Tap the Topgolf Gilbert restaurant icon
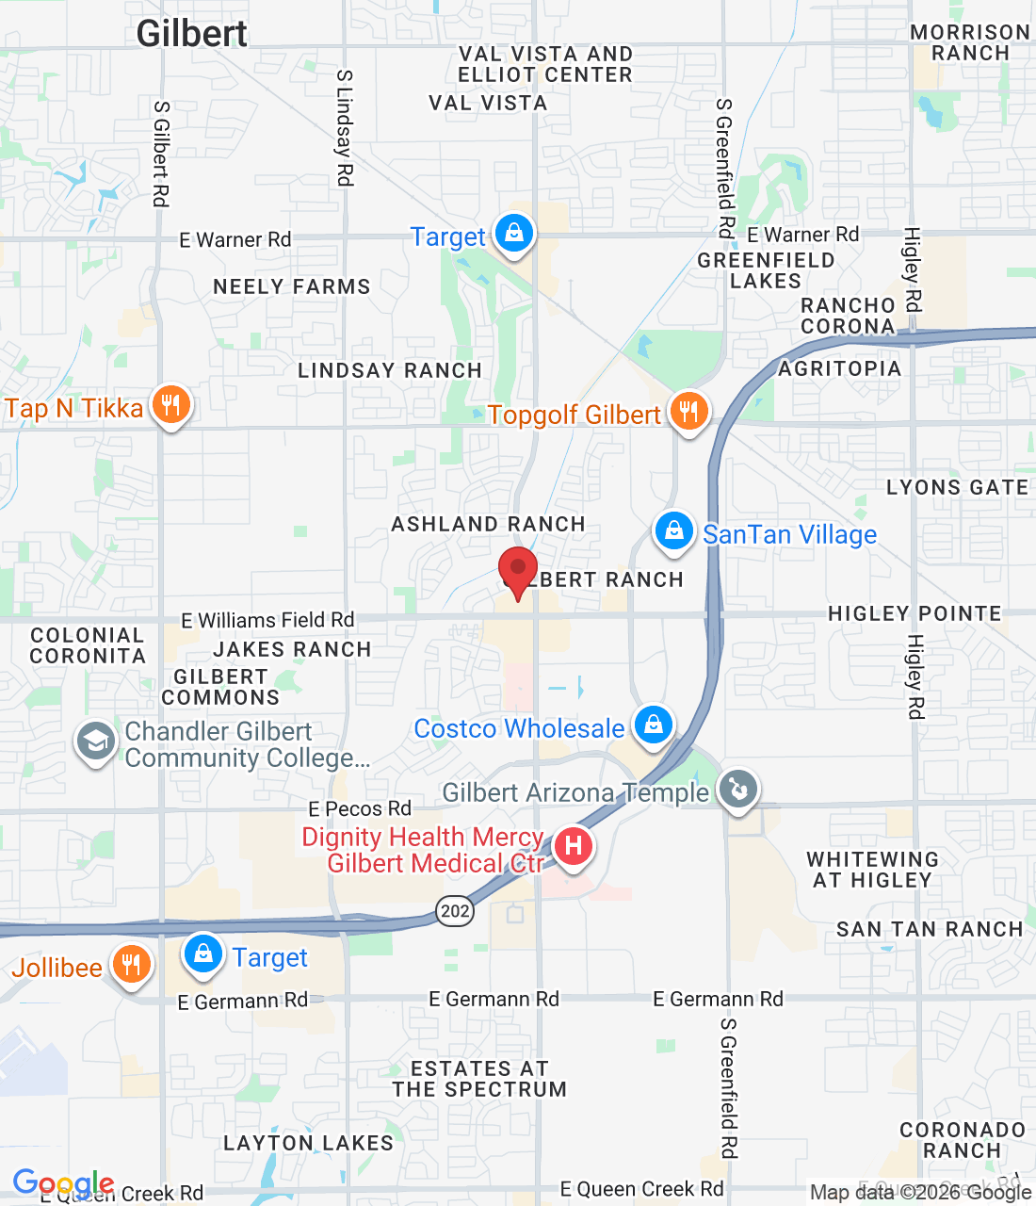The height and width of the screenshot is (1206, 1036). [689, 412]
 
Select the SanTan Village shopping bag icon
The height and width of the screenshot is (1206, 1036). [674, 531]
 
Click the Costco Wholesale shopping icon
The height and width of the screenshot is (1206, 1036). [653, 725]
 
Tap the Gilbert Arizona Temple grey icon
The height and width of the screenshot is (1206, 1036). [738, 789]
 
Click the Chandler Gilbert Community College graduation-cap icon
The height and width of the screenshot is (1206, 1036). [95, 742]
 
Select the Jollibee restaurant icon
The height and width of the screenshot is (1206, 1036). [132, 965]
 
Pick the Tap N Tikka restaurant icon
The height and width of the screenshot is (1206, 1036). [170, 405]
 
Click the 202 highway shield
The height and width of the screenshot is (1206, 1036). [455, 910]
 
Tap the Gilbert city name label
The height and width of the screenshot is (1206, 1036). [192, 34]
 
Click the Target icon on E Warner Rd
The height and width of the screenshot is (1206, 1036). [514, 233]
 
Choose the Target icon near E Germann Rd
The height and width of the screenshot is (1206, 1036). [202, 954]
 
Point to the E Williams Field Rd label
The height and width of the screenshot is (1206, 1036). [267, 620]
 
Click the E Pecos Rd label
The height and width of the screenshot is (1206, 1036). [360, 808]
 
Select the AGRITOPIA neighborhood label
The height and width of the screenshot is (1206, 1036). [839, 368]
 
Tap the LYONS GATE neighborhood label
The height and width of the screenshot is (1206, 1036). [957, 487]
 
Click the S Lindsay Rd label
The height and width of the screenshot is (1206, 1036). [345, 127]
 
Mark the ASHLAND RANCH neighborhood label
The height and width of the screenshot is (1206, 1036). [488, 524]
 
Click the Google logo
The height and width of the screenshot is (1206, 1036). [63, 1183]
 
